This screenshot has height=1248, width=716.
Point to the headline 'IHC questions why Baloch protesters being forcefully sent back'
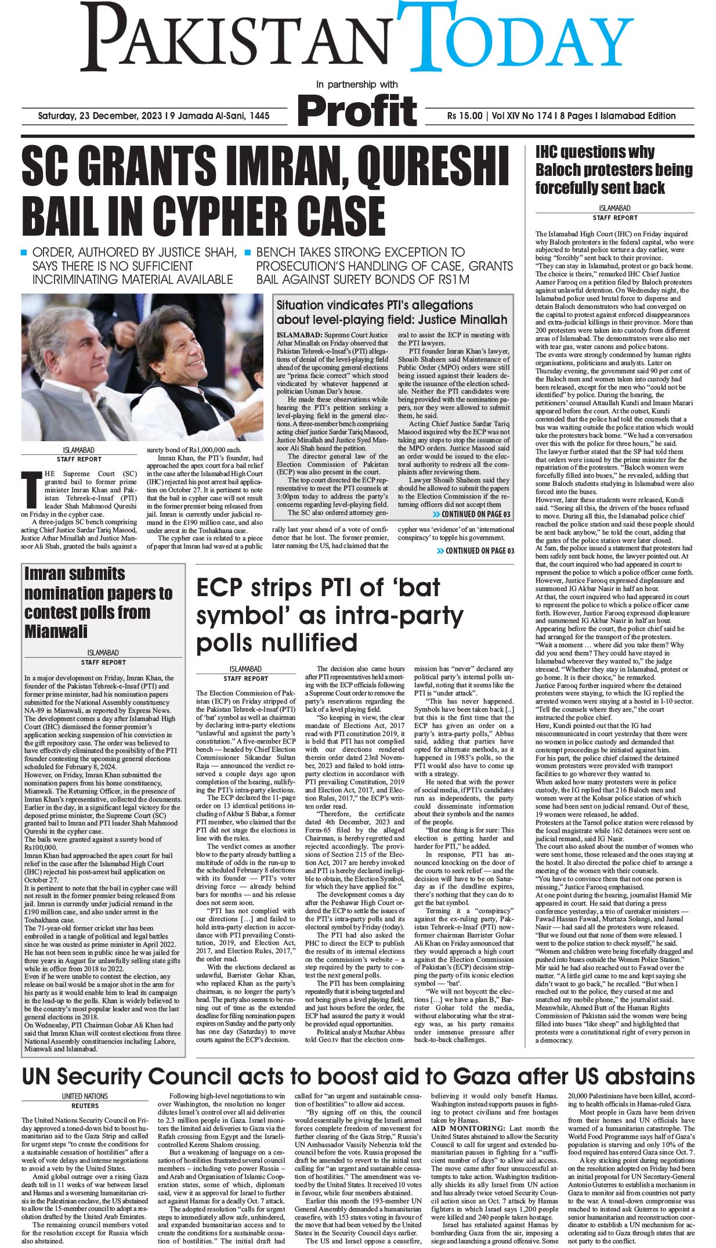613,170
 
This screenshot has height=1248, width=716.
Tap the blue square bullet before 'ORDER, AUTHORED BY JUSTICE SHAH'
24,253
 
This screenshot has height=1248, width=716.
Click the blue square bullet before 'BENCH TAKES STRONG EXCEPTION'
247,253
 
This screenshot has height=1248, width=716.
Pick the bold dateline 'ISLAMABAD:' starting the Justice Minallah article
299,335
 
